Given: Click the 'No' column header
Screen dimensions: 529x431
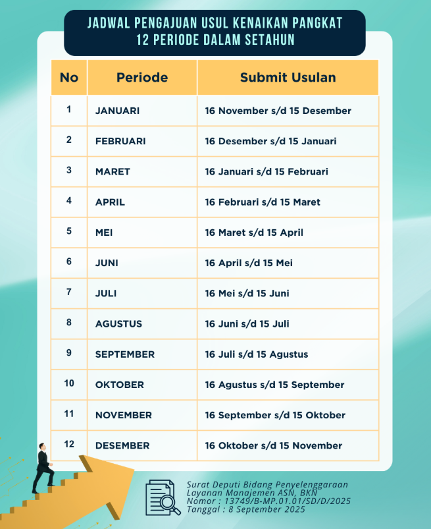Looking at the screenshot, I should coord(68,78).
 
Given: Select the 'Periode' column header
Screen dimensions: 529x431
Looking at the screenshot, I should coord(142,78).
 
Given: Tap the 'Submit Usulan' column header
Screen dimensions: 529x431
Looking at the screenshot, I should coord(288,78).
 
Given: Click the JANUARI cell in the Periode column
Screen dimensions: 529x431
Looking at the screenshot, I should coord(117,111).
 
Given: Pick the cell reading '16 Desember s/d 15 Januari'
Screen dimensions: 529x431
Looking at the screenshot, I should coord(270,141).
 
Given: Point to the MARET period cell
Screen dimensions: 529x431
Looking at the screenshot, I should coord(113,171).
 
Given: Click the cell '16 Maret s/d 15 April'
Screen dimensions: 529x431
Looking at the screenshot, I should coord(254,233).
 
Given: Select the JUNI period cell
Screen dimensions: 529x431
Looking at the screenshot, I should coord(107,263).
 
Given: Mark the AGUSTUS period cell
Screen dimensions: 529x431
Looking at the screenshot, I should coord(118,323).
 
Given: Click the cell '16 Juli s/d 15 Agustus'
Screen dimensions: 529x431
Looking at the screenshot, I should coord(256,354).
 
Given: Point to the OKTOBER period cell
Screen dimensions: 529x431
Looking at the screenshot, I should coord(118,385).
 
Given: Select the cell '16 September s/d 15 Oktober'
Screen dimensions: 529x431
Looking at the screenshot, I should coord(275,415).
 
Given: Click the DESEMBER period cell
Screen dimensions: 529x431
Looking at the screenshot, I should coord(122,445).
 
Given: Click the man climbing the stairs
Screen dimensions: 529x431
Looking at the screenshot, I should coord(44,468).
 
